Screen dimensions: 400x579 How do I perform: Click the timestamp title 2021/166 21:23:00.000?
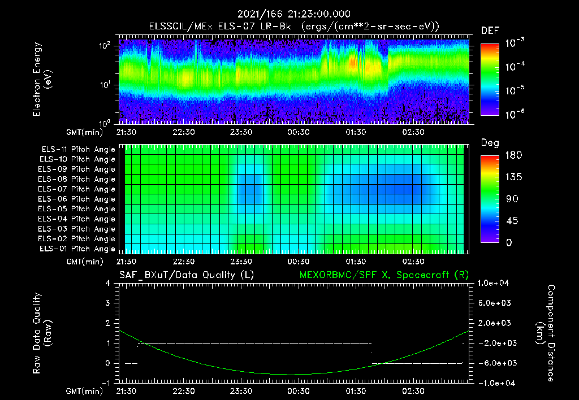point(289,14)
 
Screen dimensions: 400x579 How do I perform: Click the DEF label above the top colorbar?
point(490,31)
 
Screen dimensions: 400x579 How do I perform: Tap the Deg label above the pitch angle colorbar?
point(490,143)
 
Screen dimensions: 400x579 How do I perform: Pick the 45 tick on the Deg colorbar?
point(509,221)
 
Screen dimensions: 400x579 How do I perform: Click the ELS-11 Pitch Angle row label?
point(77,150)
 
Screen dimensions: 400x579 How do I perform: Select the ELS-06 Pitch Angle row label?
point(77,199)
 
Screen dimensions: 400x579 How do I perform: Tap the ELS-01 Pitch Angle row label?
point(77,249)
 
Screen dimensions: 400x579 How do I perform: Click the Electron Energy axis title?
point(42,79)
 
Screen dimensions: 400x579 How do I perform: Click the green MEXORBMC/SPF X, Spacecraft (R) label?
point(384,275)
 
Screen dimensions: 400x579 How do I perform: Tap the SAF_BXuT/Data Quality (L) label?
point(186,275)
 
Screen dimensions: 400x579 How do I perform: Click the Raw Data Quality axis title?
point(42,333)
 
